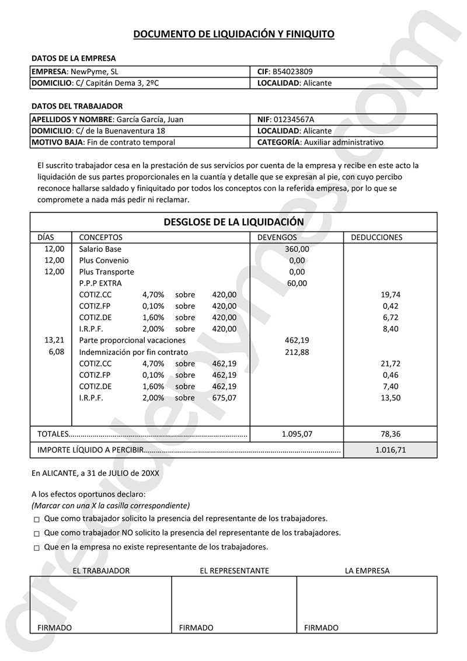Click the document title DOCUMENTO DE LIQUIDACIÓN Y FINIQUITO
tap(233, 34)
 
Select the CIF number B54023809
tap(297, 72)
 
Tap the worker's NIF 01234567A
tap(298, 119)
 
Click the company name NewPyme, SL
tap(94, 72)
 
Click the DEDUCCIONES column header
tap(377, 238)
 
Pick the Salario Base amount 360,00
tap(297, 249)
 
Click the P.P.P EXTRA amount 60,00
tap(297, 283)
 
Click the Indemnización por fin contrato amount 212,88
tap(297, 352)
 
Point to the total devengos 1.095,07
tap(297, 434)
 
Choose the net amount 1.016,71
tap(390, 450)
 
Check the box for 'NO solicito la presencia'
tap(37, 534)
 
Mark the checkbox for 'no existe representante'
tap(37, 548)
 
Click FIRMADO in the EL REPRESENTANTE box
tap(196, 628)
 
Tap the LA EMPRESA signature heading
tap(367, 570)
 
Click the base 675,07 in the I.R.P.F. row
tap(224, 398)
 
